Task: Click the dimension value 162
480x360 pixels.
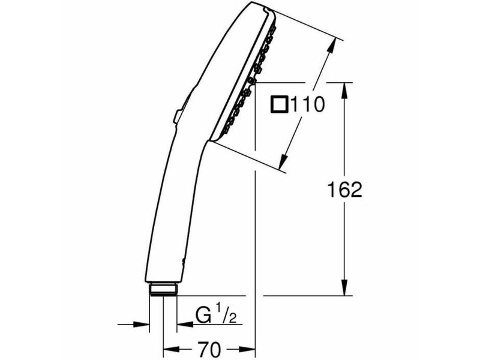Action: [x=344, y=190]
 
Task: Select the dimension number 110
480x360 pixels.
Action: [x=307, y=104]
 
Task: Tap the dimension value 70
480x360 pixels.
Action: [x=209, y=349]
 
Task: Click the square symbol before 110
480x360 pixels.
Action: [x=279, y=104]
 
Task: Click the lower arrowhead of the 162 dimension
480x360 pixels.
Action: [x=344, y=287]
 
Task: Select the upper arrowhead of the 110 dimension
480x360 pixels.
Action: [x=331, y=46]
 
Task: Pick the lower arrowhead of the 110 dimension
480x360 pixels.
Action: [x=284, y=161]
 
